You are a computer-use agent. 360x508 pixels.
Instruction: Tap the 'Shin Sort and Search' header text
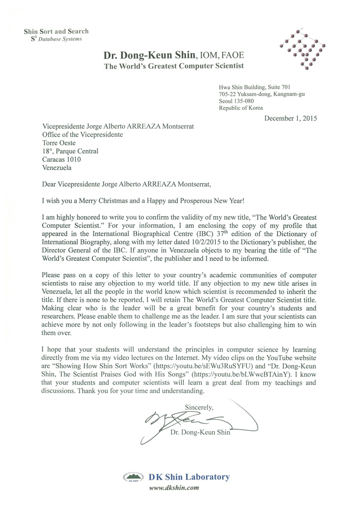(56, 31)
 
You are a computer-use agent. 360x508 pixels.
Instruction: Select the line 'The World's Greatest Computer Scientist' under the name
(174, 66)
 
